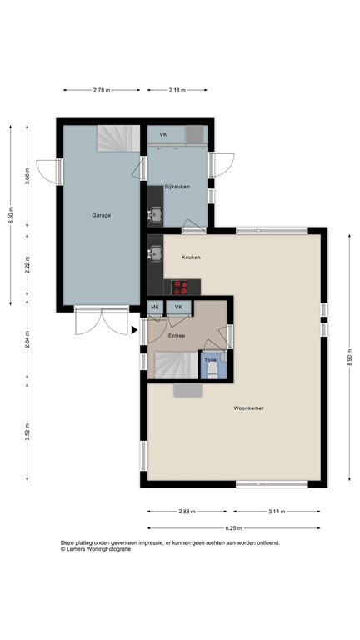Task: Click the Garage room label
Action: (101, 215)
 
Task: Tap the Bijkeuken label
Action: (177, 187)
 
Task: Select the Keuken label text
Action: (191, 257)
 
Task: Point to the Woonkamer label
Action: (249, 408)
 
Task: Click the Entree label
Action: (176, 336)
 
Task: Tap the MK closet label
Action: (155, 307)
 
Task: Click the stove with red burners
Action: (181, 287)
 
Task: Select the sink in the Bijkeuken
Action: (155, 215)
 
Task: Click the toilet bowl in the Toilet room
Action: (212, 367)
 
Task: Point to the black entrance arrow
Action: (134, 331)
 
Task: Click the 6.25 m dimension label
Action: (234, 527)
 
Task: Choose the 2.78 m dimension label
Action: (102, 90)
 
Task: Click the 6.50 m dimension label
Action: (11, 215)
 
